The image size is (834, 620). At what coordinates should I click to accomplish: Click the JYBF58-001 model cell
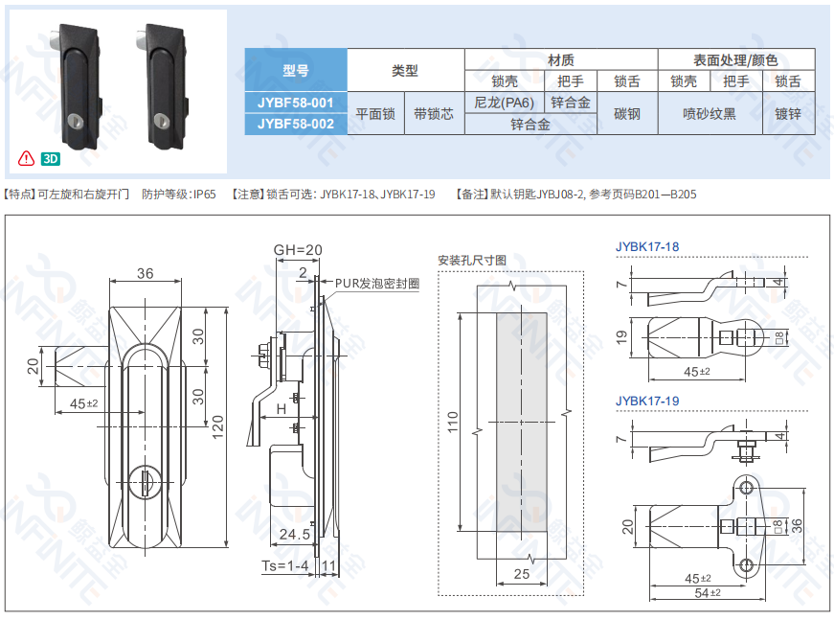[x=296, y=103]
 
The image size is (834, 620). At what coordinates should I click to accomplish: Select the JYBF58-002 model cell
[x=296, y=124]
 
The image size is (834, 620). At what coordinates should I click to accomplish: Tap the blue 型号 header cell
[x=296, y=70]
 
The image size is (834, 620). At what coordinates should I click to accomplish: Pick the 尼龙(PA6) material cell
[x=505, y=103]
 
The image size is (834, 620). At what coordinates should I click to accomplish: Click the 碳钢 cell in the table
[x=627, y=113]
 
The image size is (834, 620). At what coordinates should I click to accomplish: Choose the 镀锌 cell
[x=788, y=113]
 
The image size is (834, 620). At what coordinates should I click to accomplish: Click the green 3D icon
[x=51, y=158]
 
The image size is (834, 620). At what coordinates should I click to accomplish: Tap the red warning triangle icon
[x=26, y=158]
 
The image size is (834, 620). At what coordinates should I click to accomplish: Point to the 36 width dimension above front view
[x=146, y=273]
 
